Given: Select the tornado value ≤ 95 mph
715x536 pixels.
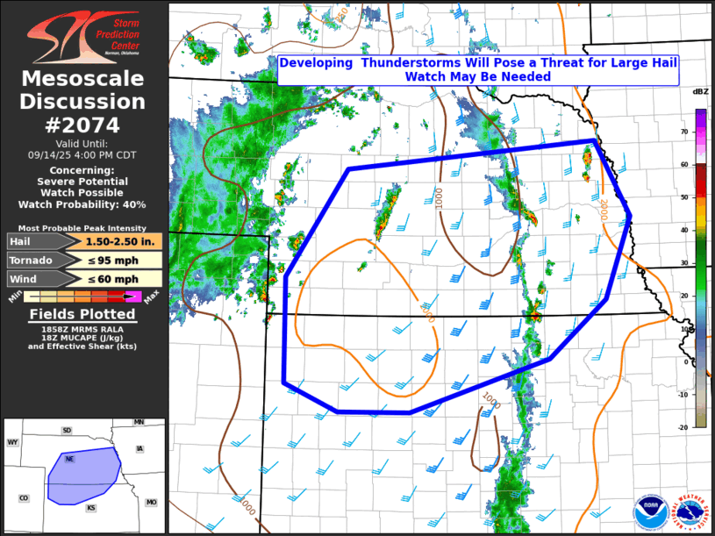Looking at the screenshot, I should (123, 261).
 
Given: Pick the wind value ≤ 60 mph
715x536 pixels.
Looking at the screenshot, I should (123, 279).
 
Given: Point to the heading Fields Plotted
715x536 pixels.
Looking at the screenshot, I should (82, 314).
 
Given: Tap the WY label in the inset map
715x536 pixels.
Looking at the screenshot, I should (13, 443).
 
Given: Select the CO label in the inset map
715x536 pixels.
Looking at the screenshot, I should (24, 498).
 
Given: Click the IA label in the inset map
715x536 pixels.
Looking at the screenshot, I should (139, 448).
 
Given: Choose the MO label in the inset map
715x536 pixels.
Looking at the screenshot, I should (151, 502).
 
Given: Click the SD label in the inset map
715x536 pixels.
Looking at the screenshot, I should (67, 431).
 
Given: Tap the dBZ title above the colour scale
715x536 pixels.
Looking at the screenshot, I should (700, 92).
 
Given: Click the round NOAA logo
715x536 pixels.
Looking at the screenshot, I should (650, 509).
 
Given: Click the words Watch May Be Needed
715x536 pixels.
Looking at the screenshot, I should (478, 77).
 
